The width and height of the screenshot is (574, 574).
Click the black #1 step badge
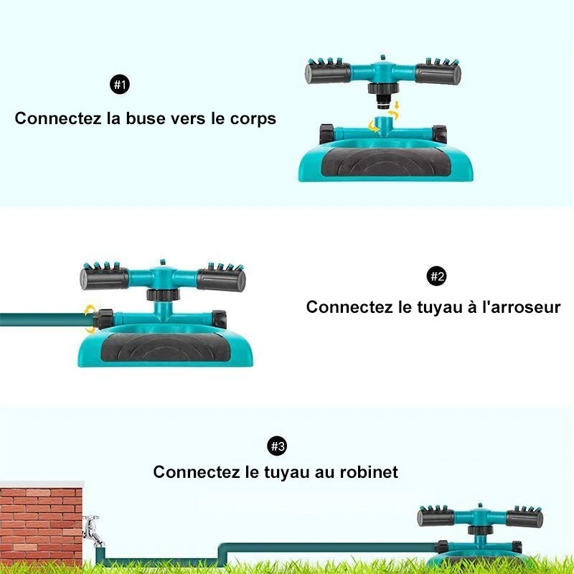point(120,85)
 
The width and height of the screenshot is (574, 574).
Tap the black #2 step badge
point(437,276)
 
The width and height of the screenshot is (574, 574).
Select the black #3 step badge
point(277,446)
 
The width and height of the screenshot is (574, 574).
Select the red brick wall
point(41,523)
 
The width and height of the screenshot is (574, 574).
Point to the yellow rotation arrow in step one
point(373,127)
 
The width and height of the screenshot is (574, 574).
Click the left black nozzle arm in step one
point(328,72)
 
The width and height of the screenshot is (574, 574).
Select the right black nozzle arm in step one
point(438,73)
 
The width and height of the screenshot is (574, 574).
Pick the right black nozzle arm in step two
point(221,279)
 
